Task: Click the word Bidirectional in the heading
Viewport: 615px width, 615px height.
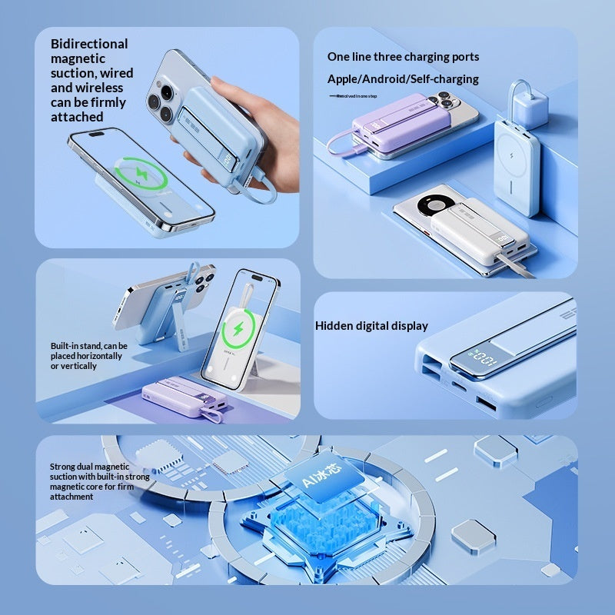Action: (x=89, y=44)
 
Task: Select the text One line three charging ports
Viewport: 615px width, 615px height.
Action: (x=403, y=57)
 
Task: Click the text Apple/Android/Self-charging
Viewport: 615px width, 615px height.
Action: (x=403, y=79)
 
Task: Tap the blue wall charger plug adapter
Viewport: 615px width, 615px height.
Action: (x=530, y=104)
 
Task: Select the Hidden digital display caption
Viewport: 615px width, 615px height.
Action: (x=371, y=326)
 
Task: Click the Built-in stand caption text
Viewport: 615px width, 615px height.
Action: (x=89, y=356)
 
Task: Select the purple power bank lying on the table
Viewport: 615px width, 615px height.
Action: (x=181, y=397)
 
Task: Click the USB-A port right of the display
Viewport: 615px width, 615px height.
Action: (x=488, y=402)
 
